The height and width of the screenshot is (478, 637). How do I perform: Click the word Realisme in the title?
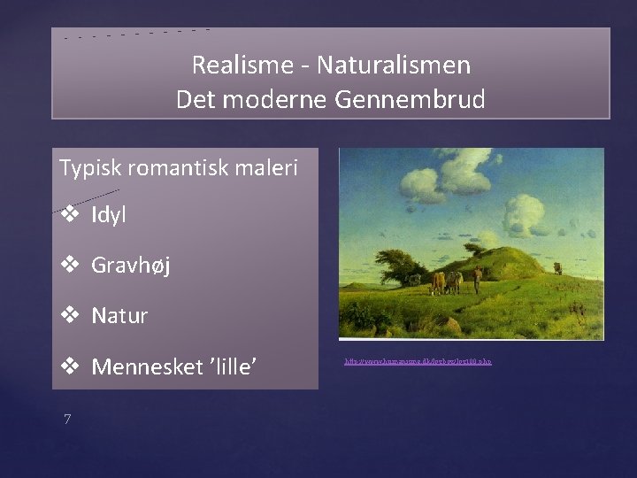click(x=229, y=65)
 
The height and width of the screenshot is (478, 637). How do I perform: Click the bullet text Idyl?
click(x=108, y=215)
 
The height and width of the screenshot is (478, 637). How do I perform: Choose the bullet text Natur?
click(x=119, y=315)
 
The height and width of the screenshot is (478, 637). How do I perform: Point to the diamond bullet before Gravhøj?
click(x=69, y=265)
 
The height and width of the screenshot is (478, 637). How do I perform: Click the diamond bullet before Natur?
click(x=69, y=314)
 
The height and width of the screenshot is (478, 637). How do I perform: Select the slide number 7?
click(x=66, y=418)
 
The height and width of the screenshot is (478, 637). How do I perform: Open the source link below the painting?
click(x=418, y=362)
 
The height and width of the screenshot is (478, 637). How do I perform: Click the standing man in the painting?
click(x=477, y=279)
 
